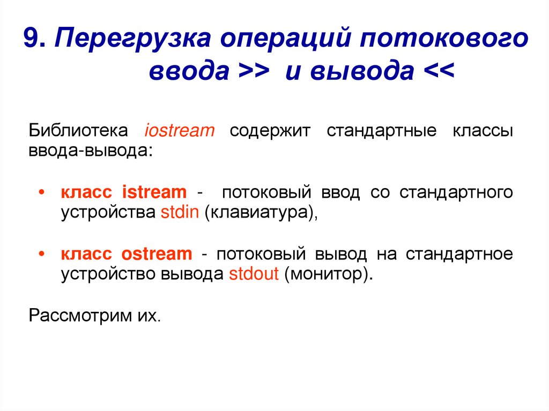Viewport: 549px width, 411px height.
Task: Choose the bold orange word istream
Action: pyautogui.click(x=154, y=192)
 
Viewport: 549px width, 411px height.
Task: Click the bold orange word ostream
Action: pyautogui.click(x=156, y=254)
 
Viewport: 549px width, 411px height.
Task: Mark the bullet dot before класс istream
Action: pyautogui.click(x=42, y=193)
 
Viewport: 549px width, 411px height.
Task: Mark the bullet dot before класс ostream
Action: pyautogui.click(x=42, y=255)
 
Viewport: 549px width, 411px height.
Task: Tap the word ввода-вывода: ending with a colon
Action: pyautogui.click(x=91, y=151)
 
